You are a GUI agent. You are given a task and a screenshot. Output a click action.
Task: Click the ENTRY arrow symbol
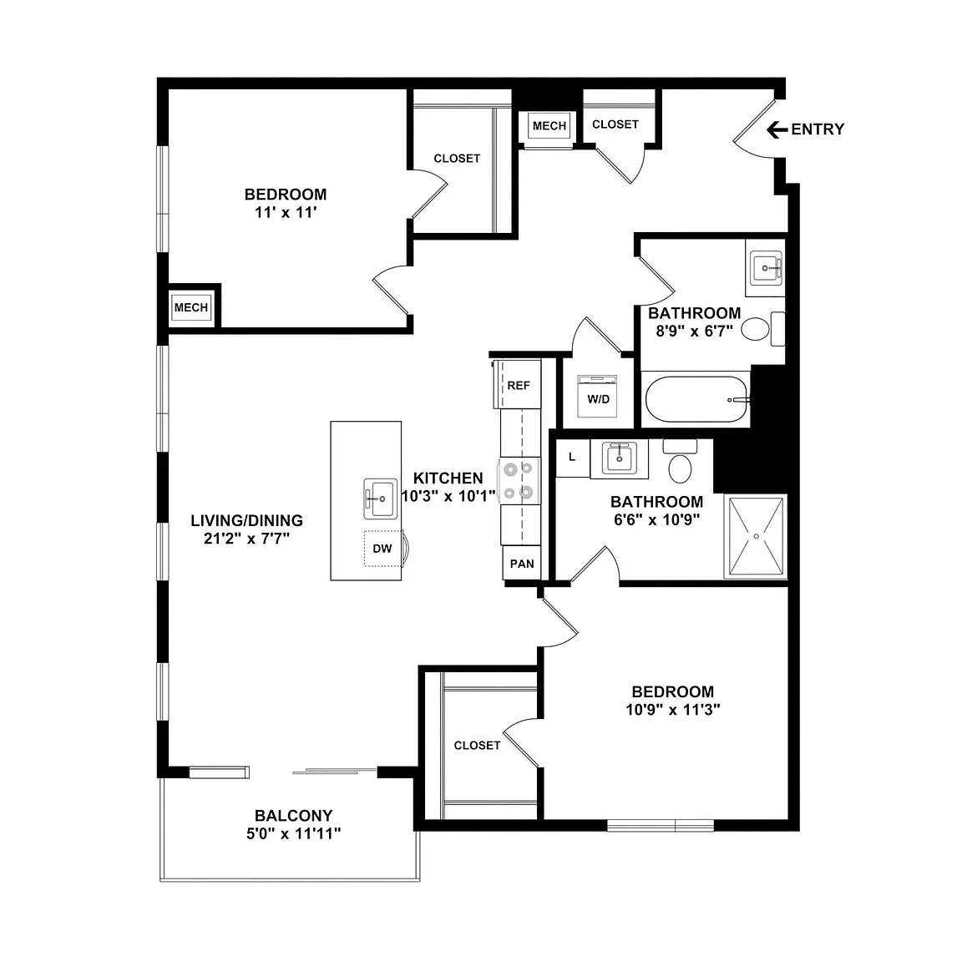[777, 129]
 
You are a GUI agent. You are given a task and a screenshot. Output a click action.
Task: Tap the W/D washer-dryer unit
[597, 395]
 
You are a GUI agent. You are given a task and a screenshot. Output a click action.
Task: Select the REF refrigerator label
[519, 386]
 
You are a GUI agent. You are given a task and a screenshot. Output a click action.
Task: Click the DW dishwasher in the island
[382, 549]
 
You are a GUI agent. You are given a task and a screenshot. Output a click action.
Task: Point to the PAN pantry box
[522, 563]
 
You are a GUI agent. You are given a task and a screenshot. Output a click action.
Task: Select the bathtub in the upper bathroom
[697, 399]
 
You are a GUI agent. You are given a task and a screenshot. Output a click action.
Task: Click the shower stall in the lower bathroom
[756, 537]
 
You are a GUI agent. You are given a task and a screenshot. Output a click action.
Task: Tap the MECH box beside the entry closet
[549, 126]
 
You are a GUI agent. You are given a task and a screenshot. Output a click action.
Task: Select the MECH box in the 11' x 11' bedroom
[190, 307]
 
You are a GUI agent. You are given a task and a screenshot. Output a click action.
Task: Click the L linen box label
[572, 457]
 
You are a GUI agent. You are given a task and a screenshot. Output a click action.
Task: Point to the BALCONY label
[294, 815]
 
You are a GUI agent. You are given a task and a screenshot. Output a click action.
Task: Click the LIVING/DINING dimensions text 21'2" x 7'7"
[246, 539]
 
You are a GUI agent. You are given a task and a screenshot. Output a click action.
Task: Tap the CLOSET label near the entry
[615, 124]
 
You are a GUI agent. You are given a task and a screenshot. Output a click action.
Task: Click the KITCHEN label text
[448, 478]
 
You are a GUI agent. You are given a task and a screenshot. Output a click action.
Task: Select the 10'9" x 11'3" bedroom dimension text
[673, 710]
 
